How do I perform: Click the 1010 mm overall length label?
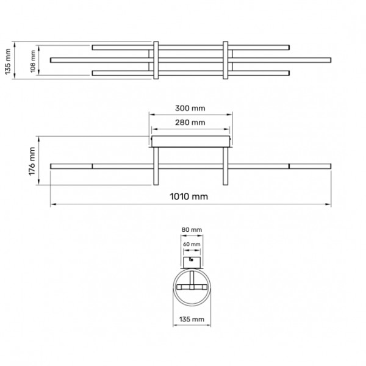pos(191,196)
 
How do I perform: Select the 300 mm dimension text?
pos(190,107)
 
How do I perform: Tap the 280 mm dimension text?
pos(190,122)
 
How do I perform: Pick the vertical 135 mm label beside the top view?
pos(7,60)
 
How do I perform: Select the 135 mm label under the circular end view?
pos(192,319)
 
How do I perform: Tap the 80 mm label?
pos(192,230)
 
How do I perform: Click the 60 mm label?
pos(192,244)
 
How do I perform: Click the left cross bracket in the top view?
pos(156,60)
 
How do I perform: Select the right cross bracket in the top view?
pos(226,60)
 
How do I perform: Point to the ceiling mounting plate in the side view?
pos(191,142)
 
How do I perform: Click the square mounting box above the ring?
pos(192,261)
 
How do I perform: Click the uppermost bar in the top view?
pos(122,46)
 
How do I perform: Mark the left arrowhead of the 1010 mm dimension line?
pos(52,204)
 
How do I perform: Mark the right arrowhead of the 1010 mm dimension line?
pos(329,204)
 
